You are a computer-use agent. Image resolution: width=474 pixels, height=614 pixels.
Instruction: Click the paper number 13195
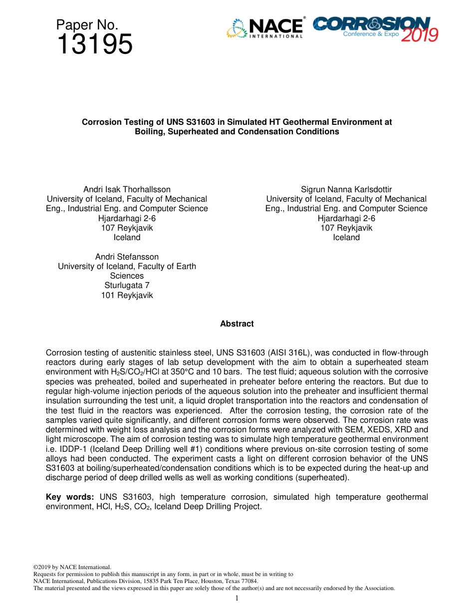pos(94,44)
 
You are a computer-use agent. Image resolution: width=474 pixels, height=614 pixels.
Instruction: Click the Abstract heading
pos(237,324)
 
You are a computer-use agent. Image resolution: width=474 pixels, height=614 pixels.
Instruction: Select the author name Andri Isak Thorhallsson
pos(127,190)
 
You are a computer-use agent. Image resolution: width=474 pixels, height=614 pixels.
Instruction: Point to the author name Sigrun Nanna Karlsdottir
pos(346,190)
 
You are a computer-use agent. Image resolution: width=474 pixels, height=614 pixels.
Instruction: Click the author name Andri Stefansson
pos(127,257)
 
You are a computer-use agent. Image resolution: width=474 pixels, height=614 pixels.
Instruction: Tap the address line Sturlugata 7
pos(127,286)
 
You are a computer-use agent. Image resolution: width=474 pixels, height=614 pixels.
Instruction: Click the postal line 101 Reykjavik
pos(127,295)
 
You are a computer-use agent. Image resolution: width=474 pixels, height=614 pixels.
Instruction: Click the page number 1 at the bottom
pos(237,598)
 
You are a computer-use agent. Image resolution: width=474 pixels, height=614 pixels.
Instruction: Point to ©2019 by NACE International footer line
pos(72,568)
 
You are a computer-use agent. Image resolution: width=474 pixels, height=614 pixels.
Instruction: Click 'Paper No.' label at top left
pos(87,24)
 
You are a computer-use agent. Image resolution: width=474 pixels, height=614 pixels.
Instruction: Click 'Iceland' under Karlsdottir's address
pos(346,238)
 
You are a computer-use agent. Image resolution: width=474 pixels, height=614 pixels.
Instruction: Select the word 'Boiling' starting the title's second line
pos(150,132)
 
